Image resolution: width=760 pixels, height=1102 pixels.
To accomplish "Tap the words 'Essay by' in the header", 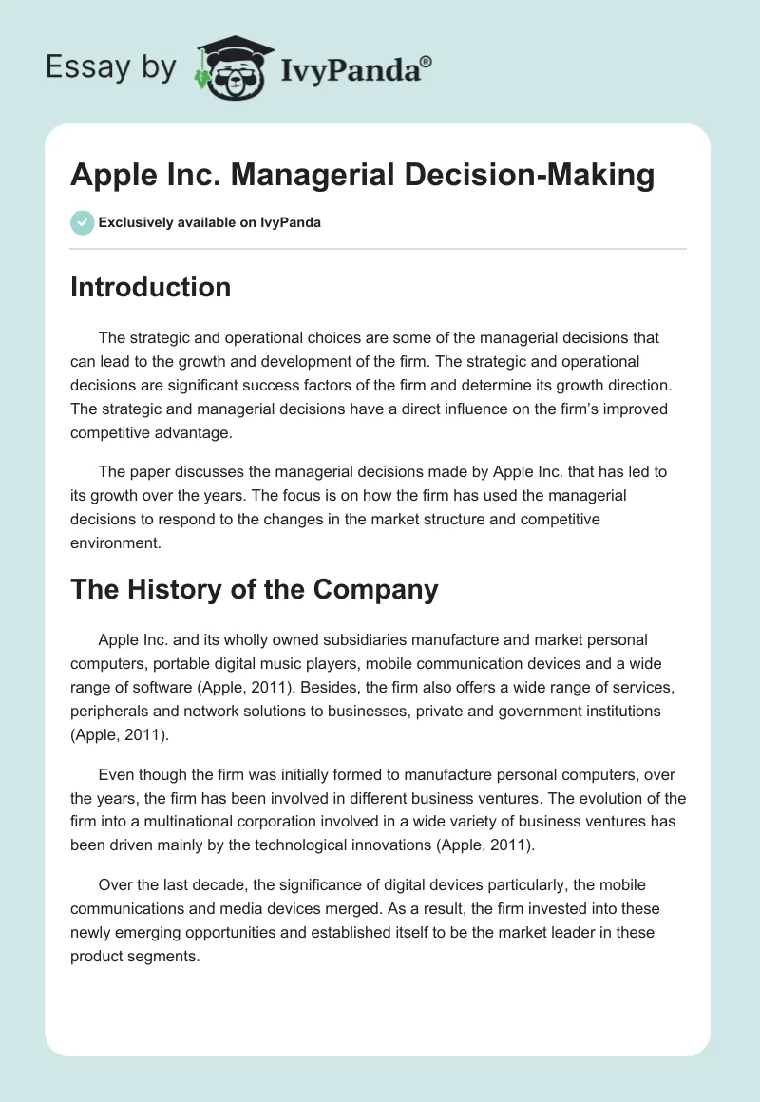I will (111, 67).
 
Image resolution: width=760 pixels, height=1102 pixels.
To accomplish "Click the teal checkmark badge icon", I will (82, 222).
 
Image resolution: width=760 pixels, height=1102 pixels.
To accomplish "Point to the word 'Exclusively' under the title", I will (134, 223).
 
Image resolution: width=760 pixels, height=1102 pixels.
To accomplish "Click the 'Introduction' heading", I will (150, 287).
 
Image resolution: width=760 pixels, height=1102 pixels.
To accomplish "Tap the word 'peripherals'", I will (111, 710).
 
